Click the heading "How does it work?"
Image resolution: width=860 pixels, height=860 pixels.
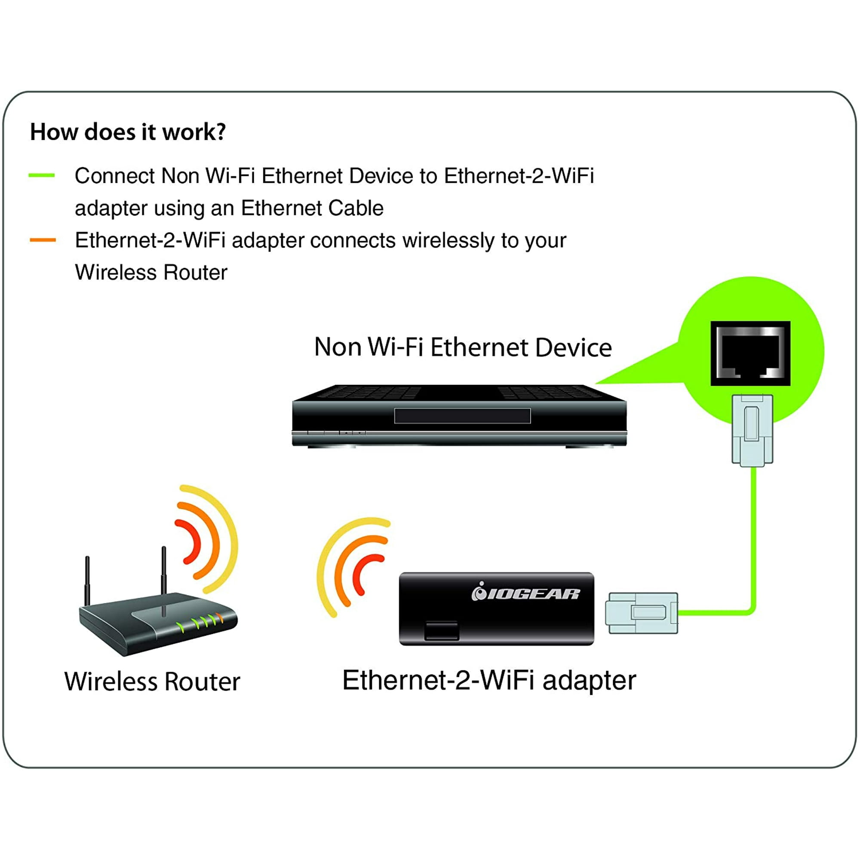pos(128,132)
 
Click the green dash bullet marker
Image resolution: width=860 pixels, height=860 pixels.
pos(41,175)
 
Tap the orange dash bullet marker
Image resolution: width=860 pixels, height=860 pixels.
pos(43,240)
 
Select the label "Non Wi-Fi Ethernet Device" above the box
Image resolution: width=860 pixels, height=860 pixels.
pos(463,347)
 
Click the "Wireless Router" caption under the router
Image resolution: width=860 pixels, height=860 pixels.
pos(152,682)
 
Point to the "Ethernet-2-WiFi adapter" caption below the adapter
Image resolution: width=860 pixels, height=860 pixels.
pos(489,680)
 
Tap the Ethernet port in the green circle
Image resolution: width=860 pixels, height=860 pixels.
pos(750,353)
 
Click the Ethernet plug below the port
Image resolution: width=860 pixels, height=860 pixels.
pos(752,430)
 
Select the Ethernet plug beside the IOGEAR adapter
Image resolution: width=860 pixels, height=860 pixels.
pos(642,612)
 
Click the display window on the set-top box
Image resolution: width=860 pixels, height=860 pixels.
pos(462,416)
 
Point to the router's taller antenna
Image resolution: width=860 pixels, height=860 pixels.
pos(164,579)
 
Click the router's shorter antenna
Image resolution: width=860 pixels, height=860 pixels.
pos(88,581)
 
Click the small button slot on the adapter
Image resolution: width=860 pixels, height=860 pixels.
pos(441,631)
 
